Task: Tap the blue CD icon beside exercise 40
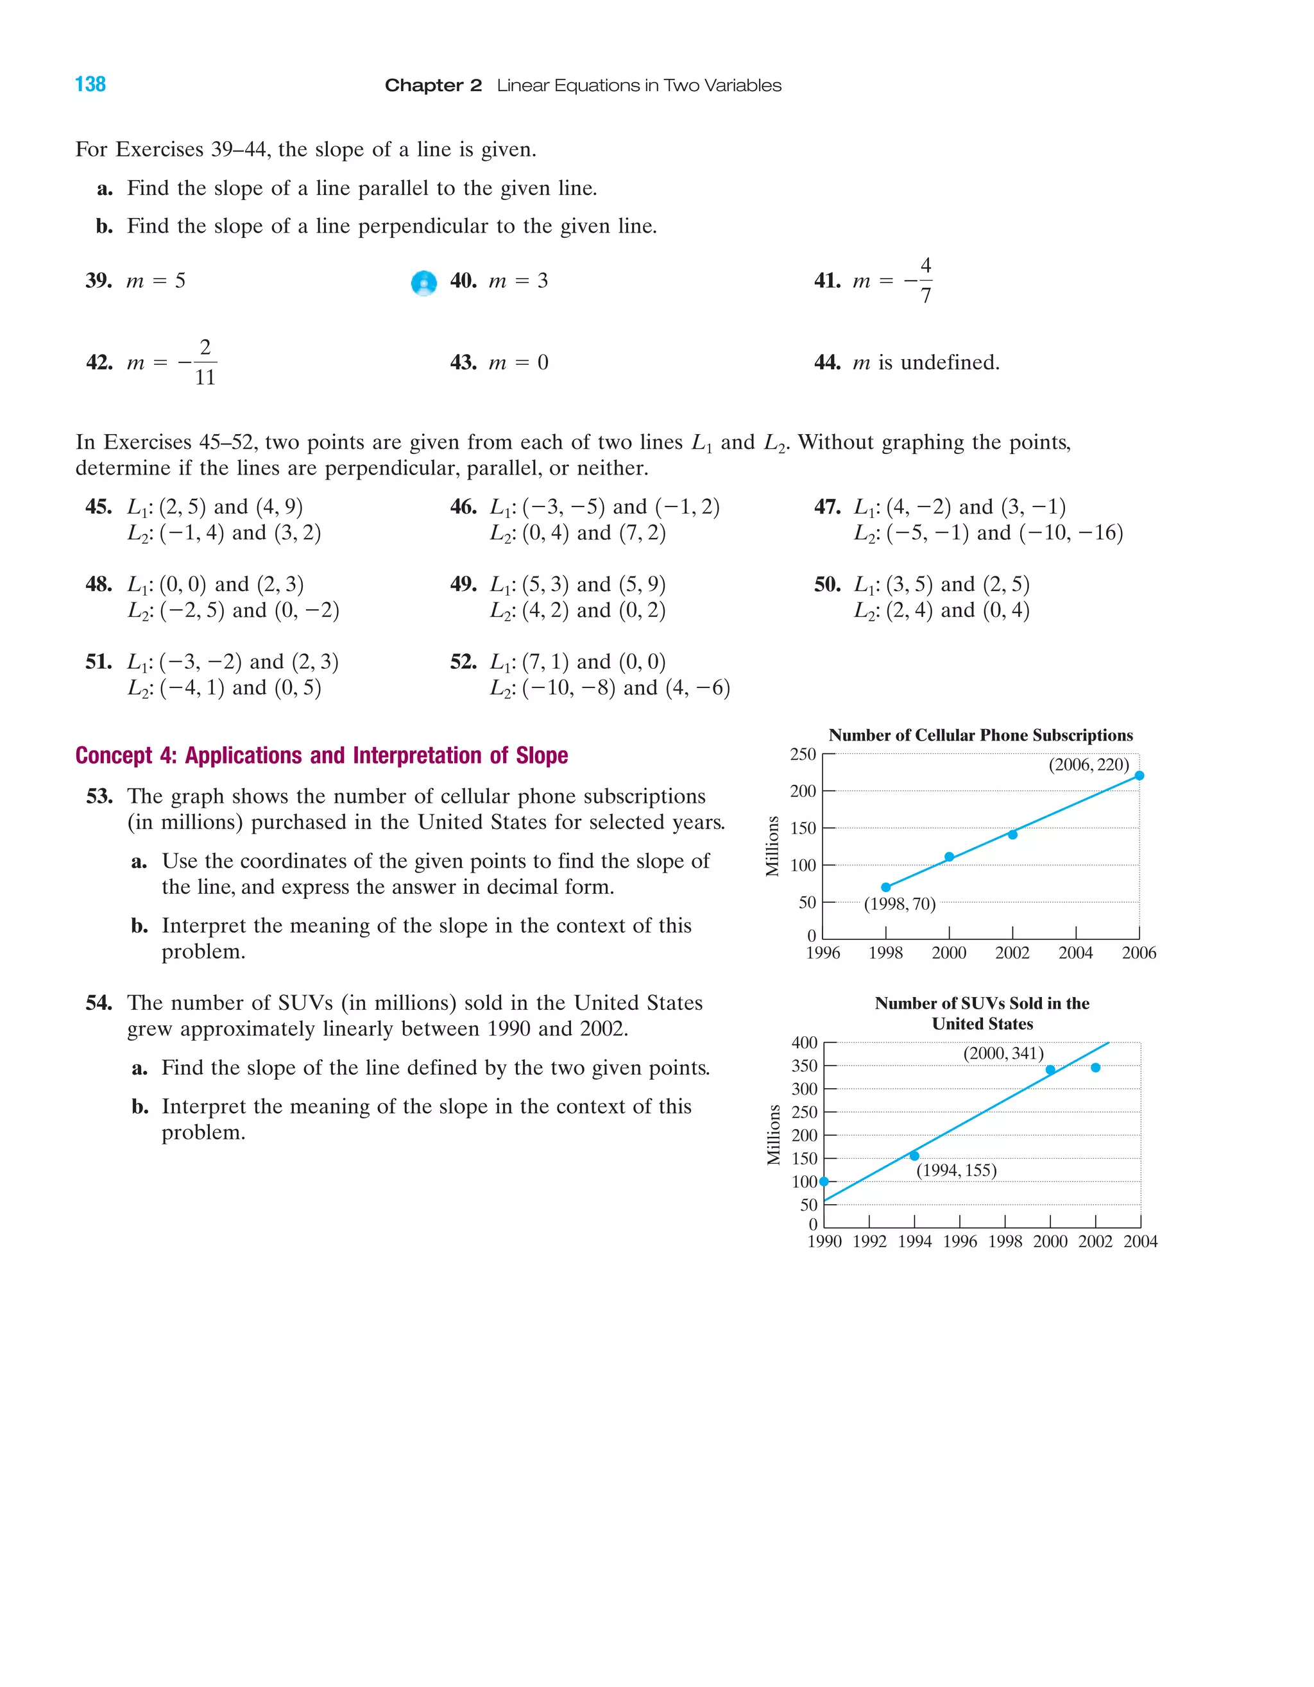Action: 423,283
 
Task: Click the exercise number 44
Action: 826,362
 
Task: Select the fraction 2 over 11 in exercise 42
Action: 205,362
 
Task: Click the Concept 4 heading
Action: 321,755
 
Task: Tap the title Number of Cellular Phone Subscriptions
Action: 980,735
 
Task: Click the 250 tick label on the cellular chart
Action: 803,754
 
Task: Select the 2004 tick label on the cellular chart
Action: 1075,953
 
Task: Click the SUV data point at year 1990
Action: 824,1181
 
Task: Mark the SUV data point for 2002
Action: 1095,1068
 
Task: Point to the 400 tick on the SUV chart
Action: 805,1043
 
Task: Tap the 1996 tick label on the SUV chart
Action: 960,1241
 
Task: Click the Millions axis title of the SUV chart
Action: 773,1135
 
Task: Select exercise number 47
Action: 826,507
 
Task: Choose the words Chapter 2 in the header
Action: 433,85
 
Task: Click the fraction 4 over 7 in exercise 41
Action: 925,280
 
